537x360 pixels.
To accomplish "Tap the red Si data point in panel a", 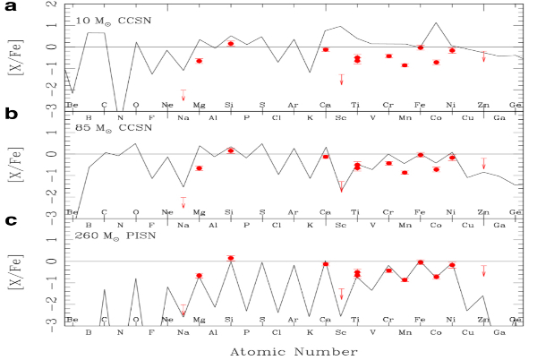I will click(x=230, y=43).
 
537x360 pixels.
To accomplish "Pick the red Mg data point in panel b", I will click(x=199, y=168).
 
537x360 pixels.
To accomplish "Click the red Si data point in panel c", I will click(x=230, y=258).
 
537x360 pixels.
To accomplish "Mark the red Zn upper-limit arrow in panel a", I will click(x=484, y=56).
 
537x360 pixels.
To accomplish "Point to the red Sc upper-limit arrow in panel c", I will click(x=341, y=294).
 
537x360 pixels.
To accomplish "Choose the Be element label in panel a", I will click(x=72, y=105).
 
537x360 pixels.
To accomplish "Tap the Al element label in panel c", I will click(x=214, y=331).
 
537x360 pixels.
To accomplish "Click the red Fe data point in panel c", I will click(x=421, y=261).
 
